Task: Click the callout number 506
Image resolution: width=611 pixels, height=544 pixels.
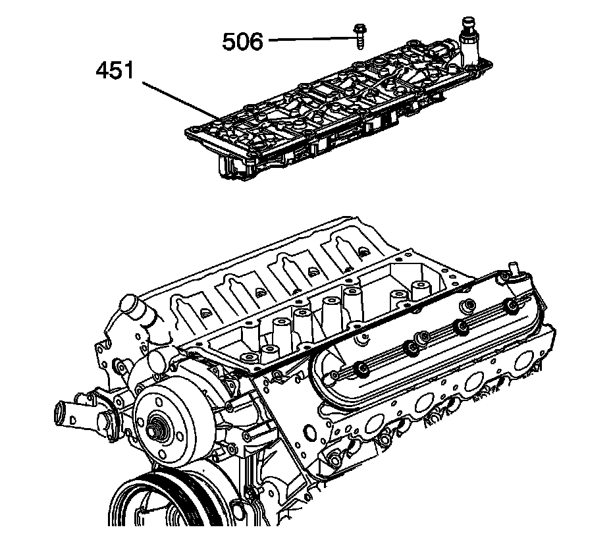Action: tap(242, 42)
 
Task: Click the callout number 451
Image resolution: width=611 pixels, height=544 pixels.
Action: tap(117, 70)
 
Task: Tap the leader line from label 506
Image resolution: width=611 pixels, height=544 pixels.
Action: tap(309, 40)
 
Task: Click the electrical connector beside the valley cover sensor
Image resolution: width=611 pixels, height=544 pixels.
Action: tap(448, 50)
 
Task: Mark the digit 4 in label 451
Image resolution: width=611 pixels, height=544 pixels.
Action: tap(103, 70)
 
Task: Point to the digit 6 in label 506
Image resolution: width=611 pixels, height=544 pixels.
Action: tap(255, 42)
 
